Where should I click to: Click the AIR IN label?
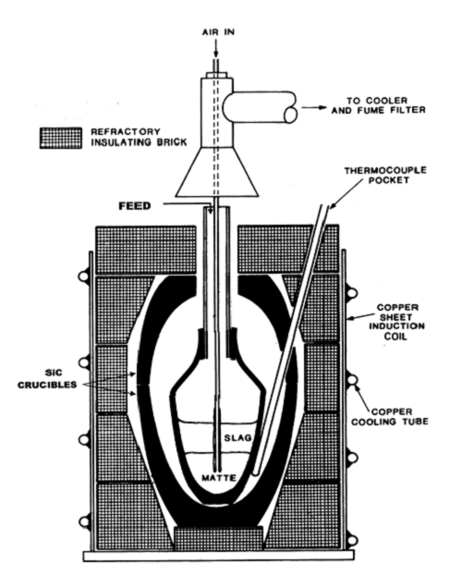point(218,32)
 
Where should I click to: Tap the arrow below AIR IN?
point(216,48)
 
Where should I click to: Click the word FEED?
point(135,206)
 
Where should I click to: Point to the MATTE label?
point(219,478)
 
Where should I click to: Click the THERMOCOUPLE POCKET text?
point(385,176)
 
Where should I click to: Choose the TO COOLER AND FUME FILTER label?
point(379,105)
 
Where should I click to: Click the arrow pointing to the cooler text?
point(314,107)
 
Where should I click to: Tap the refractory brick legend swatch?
point(61,138)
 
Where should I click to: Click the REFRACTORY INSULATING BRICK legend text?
point(139,137)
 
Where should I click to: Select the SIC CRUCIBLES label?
point(47,379)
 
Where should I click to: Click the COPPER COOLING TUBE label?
point(390,417)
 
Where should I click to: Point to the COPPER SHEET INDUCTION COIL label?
point(396,322)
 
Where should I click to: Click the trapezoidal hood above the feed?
point(216,172)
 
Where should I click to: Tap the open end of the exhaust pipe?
point(291,115)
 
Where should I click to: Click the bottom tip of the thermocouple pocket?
point(256,472)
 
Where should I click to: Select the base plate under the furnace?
point(219,556)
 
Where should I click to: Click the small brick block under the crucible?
point(218,538)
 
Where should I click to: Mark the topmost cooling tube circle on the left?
point(83,276)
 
